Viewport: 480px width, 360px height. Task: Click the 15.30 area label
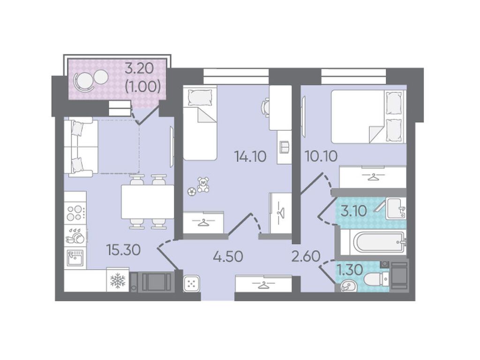pos(123,250)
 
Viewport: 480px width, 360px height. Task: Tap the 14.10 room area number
pos(250,157)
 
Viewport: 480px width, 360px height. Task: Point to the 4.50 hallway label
pos(228,256)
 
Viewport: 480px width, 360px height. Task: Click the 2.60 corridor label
pos(306,256)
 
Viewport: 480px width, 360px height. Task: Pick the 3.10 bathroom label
pos(353,211)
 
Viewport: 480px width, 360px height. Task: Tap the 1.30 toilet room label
pos(350,270)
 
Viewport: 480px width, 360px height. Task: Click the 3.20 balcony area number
pos(139,68)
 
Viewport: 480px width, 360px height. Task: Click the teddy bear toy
pos(202,184)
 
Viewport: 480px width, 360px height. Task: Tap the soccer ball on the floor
pos(192,192)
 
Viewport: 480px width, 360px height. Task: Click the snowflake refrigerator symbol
pos(118,280)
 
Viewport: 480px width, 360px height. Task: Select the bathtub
pos(374,243)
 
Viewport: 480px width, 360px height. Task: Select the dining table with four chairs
pos(148,202)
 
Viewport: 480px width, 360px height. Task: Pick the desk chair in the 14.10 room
pos(265,107)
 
